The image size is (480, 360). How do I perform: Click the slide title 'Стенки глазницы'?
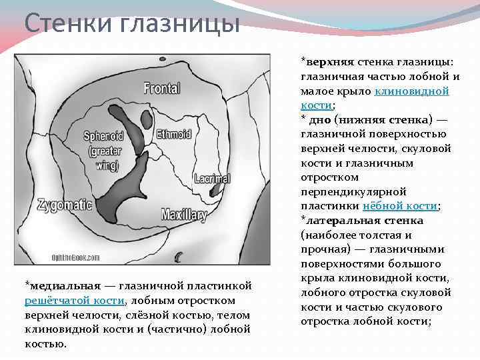click(131, 24)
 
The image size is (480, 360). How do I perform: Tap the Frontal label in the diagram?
click(161, 88)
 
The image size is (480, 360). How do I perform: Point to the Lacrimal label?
click(212, 179)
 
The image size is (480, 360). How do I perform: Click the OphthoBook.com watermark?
click(76, 257)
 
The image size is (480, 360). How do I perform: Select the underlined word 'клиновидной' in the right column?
click(412, 91)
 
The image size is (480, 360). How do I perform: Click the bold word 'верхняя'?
click(326, 62)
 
